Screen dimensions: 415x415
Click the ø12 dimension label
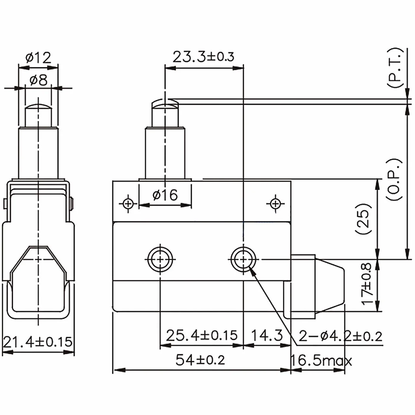click(38, 57)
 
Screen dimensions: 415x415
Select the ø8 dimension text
click(38, 80)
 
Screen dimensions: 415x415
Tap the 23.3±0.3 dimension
click(203, 57)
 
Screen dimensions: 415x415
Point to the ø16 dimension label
click(165, 195)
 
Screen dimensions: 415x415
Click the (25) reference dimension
click(364, 218)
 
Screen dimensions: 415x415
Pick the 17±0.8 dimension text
click(366, 284)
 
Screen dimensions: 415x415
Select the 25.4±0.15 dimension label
click(202, 335)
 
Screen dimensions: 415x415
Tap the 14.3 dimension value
click(266, 335)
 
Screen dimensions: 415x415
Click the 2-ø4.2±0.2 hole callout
click(340, 336)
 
